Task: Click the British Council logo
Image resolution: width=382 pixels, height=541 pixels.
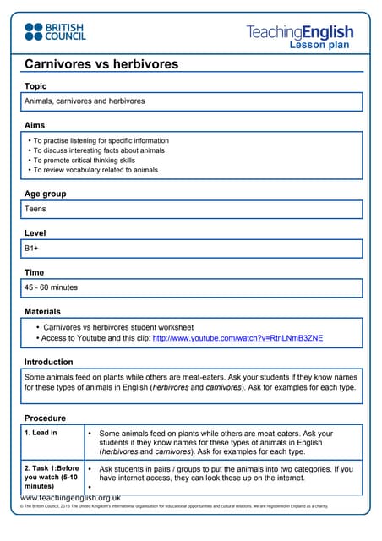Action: [x=54, y=31]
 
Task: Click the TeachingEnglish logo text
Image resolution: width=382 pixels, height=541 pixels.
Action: [x=300, y=32]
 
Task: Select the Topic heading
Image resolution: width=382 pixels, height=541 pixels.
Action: [x=35, y=85]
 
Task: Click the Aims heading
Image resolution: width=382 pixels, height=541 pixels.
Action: [x=35, y=124]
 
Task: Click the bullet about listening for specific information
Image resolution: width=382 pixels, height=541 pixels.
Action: [x=101, y=140]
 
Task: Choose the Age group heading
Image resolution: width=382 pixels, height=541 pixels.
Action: [x=45, y=194]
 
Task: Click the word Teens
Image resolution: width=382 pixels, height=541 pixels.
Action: [x=35, y=209]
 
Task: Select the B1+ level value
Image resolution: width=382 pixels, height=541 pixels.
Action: [x=33, y=249]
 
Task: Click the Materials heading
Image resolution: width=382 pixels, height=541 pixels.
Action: [x=42, y=312]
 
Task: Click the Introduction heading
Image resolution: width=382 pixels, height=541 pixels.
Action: [x=48, y=362]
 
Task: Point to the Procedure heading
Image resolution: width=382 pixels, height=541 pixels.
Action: [x=45, y=418]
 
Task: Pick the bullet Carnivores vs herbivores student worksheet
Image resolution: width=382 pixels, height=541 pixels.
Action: [x=118, y=326]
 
